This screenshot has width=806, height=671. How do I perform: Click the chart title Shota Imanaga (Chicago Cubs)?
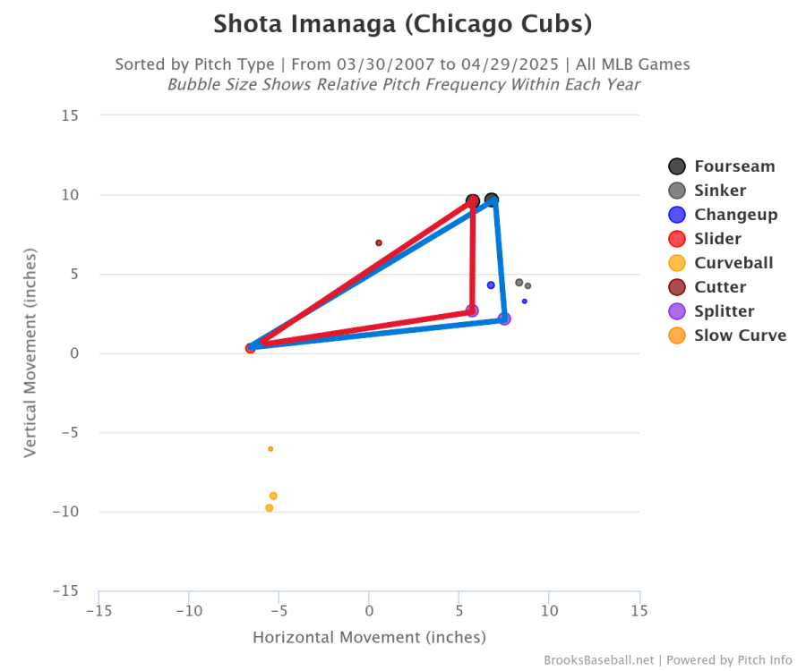coord(402,24)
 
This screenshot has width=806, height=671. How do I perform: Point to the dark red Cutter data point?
coord(379,242)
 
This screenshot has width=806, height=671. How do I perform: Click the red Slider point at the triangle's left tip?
coord(251,348)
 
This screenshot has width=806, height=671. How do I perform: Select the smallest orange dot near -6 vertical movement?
coord(270,449)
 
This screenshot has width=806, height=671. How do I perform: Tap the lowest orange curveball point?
coord(269,508)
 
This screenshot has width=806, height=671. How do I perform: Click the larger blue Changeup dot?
coord(491,285)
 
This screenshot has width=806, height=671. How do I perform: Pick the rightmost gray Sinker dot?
coord(528,286)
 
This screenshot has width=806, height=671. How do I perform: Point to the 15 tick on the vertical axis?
coord(70,115)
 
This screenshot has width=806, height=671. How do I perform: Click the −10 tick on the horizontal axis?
coord(189,611)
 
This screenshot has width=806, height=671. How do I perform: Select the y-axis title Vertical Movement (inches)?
coord(30,353)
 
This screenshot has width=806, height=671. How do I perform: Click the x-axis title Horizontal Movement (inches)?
coord(369,638)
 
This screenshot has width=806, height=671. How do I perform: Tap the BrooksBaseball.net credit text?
coord(599,660)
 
